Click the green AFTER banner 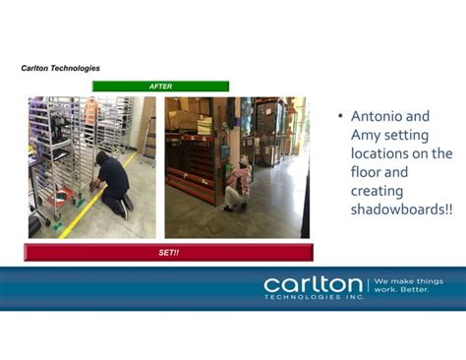click(x=160, y=87)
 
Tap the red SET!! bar click(x=168, y=253)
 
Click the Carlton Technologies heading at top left click(x=61, y=68)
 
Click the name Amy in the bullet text click(x=366, y=136)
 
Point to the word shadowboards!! click(x=401, y=210)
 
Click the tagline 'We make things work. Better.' click(x=408, y=285)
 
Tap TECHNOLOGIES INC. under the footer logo click(x=312, y=296)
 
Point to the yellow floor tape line click(x=84, y=207)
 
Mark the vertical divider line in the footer click(x=368, y=286)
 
